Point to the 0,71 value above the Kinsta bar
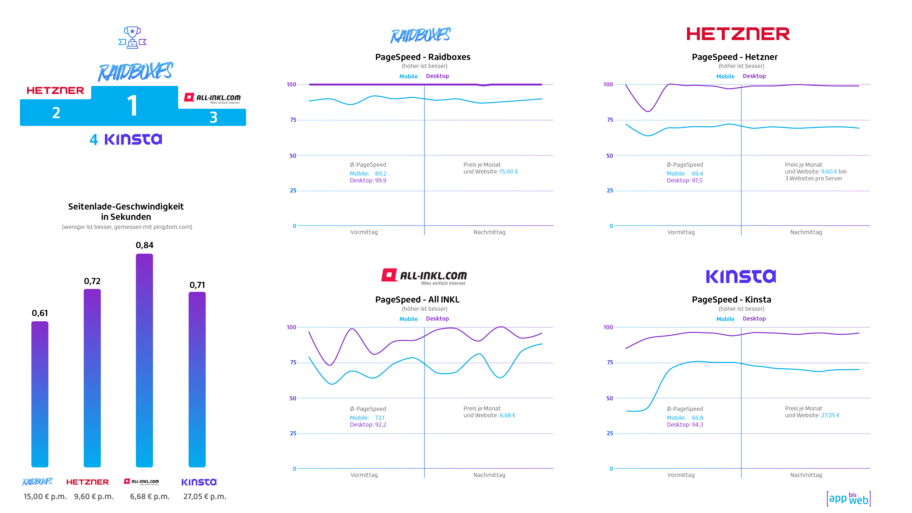pyautogui.click(x=197, y=285)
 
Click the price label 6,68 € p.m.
pyautogui.click(x=150, y=496)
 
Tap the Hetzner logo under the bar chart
pyautogui.click(x=88, y=482)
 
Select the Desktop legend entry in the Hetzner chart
pyautogui.click(x=754, y=76)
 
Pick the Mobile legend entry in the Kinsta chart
pyautogui.click(x=725, y=319)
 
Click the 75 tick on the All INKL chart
pyautogui.click(x=293, y=363)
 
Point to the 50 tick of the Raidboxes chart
pyautogui.click(x=293, y=156)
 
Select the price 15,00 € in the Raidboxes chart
pyautogui.click(x=508, y=172)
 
